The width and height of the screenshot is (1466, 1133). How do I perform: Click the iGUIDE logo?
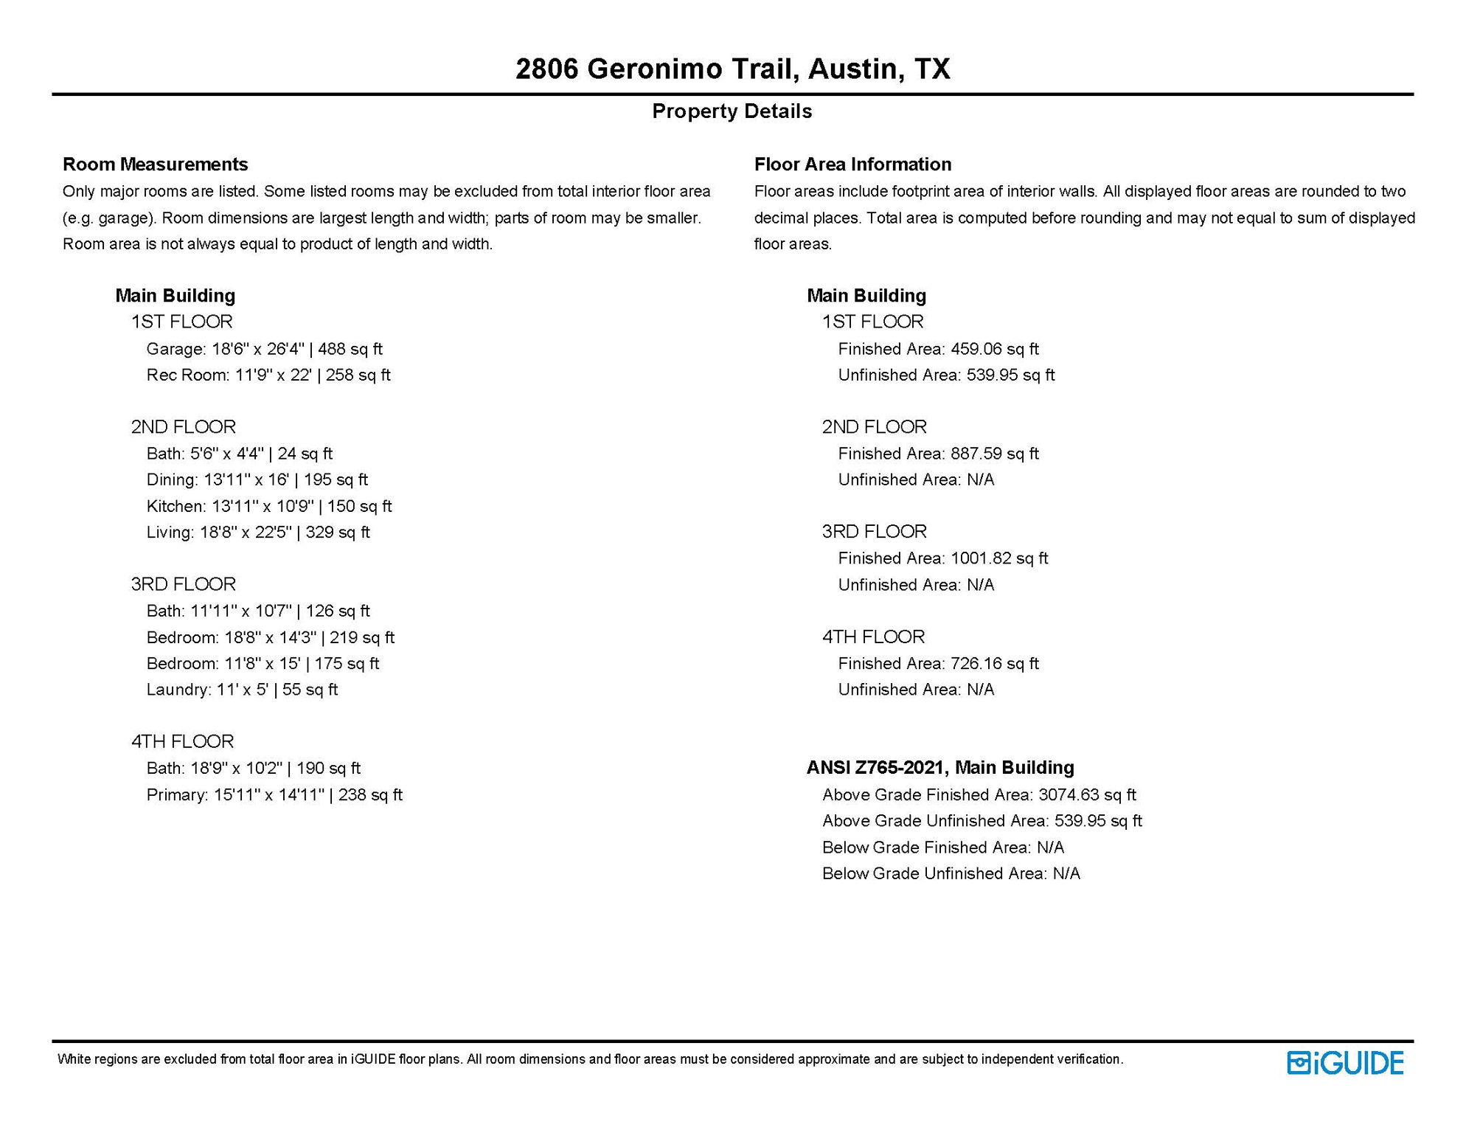(x=1345, y=1063)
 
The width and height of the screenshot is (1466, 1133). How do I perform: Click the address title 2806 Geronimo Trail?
(x=732, y=69)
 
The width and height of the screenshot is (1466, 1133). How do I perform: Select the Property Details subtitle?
(x=732, y=111)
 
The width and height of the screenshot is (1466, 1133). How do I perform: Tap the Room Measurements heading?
(x=155, y=164)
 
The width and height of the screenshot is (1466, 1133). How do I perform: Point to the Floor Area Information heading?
(x=852, y=164)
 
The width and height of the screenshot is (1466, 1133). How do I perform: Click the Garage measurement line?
(x=264, y=349)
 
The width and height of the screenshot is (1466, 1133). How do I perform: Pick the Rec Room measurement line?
(x=268, y=375)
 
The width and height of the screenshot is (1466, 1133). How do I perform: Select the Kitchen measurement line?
(x=269, y=506)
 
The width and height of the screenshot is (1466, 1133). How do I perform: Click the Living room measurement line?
(x=258, y=532)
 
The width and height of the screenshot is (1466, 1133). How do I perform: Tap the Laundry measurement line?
(x=242, y=689)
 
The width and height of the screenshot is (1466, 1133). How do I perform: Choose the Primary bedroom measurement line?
(x=274, y=794)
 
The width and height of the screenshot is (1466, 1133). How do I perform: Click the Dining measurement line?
(x=257, y=479)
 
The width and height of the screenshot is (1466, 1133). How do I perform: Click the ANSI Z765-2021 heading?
(x=940, y=768)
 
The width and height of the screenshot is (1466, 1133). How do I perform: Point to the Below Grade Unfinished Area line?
(x=951, y=873)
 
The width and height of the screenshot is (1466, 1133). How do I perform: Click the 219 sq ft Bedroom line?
(x=271, y=637)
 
